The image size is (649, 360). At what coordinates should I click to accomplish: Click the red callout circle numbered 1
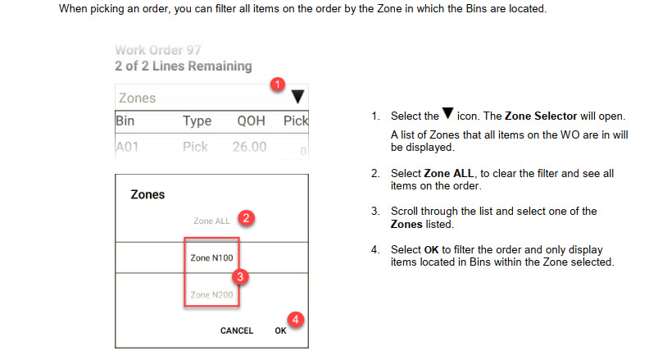[277, 84]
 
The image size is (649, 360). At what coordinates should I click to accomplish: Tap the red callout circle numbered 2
[246, 218]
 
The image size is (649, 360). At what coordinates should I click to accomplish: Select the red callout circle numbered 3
[240, 276]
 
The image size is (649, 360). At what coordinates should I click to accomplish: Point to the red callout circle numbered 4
[296, 319]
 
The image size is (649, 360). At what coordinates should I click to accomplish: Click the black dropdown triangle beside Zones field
[297, 97]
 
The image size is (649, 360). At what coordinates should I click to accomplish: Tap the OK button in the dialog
[280, 330]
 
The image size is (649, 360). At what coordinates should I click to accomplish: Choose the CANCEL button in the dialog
[236, 330]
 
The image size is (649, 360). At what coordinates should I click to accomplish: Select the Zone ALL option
[211, 221]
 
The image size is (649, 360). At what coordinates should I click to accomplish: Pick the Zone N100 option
[211, 257]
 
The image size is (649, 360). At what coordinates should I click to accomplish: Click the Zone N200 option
[211, 295]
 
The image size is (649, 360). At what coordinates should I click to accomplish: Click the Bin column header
[125, 121]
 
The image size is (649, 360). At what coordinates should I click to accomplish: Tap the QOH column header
[251, 121]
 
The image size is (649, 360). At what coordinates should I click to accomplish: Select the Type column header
[197, 121]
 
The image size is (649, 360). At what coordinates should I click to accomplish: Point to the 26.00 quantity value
[249, 147]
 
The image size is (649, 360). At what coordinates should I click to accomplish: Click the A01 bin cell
[127, 147]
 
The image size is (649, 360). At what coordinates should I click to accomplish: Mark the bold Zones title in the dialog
[147, 194]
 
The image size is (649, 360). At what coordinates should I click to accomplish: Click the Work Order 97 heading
[157, 50]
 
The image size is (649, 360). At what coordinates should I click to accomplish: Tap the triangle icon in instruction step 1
[448, 113]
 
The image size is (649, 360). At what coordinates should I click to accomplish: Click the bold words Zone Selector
[541, 116]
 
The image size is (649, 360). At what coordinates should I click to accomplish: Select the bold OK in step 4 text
[431, 250]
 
